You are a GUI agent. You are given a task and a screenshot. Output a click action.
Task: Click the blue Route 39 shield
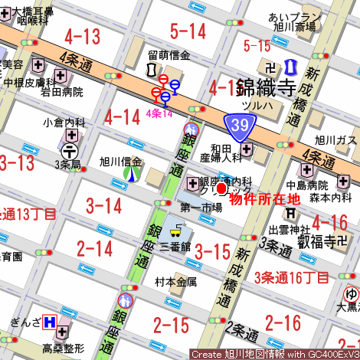238,124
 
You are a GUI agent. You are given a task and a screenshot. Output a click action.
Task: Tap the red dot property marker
222,188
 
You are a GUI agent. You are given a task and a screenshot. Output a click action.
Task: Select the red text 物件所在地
264,198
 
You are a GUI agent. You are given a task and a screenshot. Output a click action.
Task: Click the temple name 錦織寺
266,86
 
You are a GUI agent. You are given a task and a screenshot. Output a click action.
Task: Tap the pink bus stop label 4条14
159,113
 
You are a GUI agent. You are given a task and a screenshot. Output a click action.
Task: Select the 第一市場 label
201,208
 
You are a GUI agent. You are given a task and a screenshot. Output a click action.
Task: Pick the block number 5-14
188,31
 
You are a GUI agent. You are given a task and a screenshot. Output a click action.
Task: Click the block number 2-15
171,325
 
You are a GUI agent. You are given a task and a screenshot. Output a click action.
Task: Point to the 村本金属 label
175,281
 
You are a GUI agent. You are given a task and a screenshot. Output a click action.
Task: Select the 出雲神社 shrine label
290,229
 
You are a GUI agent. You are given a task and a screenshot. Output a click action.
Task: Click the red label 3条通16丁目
292,277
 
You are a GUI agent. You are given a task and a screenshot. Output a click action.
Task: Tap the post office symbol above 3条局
70,151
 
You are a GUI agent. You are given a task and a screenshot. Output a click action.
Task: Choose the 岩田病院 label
62,92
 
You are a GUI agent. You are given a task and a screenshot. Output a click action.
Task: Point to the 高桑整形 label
63,349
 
